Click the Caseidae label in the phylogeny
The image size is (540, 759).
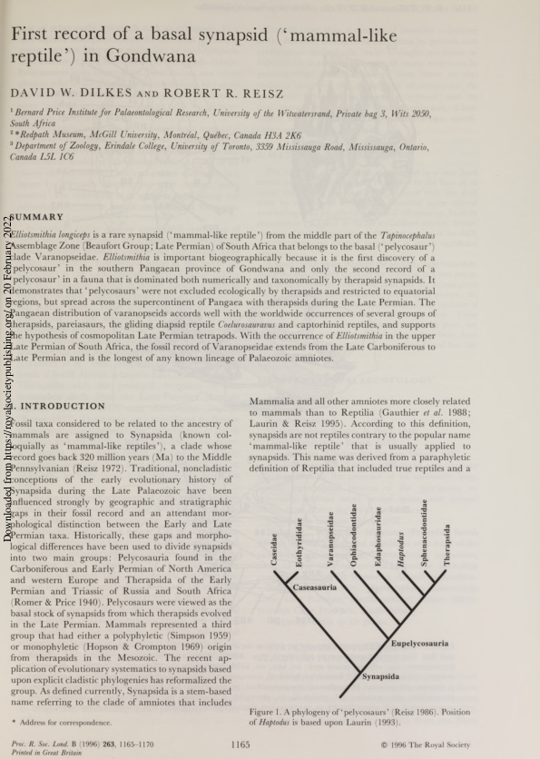(274, 551)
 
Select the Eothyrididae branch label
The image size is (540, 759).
(299, 543)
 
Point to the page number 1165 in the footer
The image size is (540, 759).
(241, 744)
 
